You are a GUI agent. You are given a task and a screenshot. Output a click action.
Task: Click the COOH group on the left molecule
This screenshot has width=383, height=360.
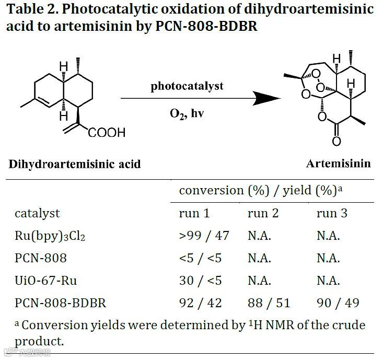(107, 133)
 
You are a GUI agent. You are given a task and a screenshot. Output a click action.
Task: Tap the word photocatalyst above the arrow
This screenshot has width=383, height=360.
(187, 86)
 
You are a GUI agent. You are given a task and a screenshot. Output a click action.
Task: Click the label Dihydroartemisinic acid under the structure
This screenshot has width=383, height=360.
(75, 164)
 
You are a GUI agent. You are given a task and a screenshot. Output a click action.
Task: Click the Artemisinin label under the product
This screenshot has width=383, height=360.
(338, 164)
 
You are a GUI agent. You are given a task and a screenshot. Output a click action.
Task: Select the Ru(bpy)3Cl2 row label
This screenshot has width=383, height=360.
(50, 236)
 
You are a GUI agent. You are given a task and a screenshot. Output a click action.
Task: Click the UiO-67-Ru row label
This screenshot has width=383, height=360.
(46, 281)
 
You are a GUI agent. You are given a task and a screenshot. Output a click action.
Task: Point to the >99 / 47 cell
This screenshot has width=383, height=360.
(204, 236)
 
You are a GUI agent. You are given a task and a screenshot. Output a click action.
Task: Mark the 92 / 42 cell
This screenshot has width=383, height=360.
(200, 303)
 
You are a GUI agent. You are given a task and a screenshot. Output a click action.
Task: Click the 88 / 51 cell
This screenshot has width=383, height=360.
(269, 303)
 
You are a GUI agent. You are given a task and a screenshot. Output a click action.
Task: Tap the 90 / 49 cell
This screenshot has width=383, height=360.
(338, 303)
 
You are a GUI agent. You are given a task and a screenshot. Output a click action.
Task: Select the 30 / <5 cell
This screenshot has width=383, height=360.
(200, 281)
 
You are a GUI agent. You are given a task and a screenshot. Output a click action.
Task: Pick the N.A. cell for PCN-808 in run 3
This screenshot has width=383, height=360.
(328, 258)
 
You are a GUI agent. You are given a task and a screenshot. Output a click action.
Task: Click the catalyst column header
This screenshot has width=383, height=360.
(37, 213)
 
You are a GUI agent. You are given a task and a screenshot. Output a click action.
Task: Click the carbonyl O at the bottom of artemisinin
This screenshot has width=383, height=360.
(336, 142)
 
